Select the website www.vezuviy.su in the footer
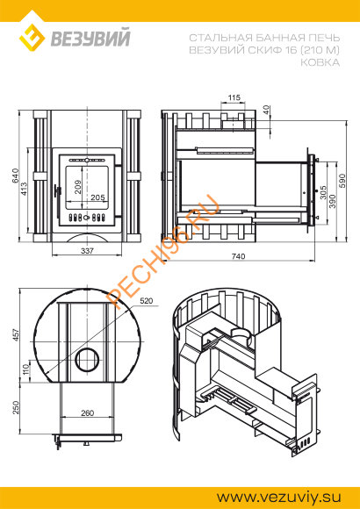pos(277,495)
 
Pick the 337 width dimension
pos(86,251)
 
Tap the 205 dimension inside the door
pos(97,198)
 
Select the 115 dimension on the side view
pos(234,97)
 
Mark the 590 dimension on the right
pos(343,179)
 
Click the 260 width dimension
pos(87,412)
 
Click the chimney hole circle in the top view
pos(86,358)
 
